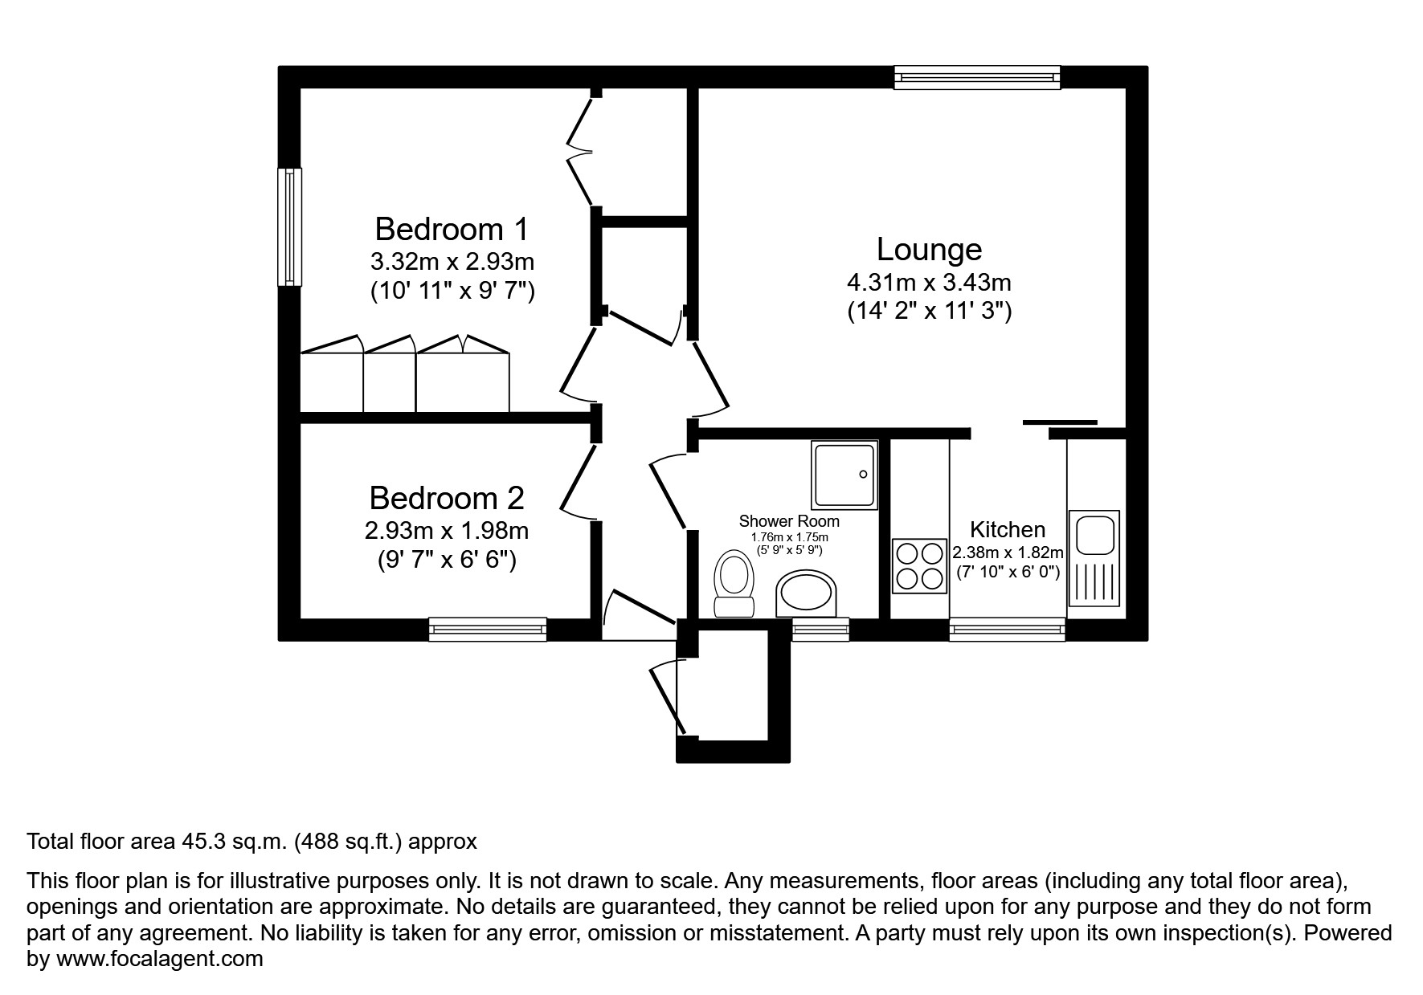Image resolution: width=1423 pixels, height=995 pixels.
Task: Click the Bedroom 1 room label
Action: pos(452,230)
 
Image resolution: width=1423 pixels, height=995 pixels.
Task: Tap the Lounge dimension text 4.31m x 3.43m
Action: pos(929,283)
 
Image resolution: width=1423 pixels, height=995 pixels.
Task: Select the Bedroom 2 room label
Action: pos(447,499)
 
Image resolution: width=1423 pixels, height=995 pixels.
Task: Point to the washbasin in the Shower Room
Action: pos(806,593)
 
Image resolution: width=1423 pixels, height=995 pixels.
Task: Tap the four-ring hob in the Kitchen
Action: pos(920,565)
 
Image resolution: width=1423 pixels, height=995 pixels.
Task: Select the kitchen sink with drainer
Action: pos(1094,558)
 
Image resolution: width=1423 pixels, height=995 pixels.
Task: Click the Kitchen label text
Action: pos(1008,530)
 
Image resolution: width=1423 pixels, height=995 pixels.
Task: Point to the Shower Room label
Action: pos(789,522)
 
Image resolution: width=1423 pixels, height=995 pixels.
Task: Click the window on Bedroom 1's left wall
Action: pos(289,226)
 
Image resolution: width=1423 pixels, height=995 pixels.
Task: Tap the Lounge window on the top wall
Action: pos(977,77)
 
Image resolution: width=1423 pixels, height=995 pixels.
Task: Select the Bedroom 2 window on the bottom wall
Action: pos(488,629)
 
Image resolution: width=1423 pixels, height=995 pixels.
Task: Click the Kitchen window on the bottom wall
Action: pos(1007,629)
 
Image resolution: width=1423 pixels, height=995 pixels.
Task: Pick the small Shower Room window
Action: pos(820,629)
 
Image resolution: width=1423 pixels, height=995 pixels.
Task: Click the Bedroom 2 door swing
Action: pos(579,482)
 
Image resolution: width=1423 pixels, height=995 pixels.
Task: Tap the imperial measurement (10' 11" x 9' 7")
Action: pos(452,291)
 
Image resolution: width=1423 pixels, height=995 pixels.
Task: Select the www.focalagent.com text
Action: pos(159,959)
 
